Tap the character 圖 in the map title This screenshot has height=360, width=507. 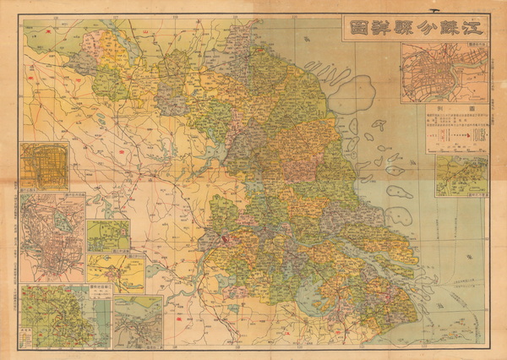tap(357, 28)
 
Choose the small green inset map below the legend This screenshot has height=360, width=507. tap(461, 176)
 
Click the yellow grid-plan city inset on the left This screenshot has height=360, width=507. tap(45, 166)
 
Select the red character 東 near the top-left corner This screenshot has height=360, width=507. tap(51, 28)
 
